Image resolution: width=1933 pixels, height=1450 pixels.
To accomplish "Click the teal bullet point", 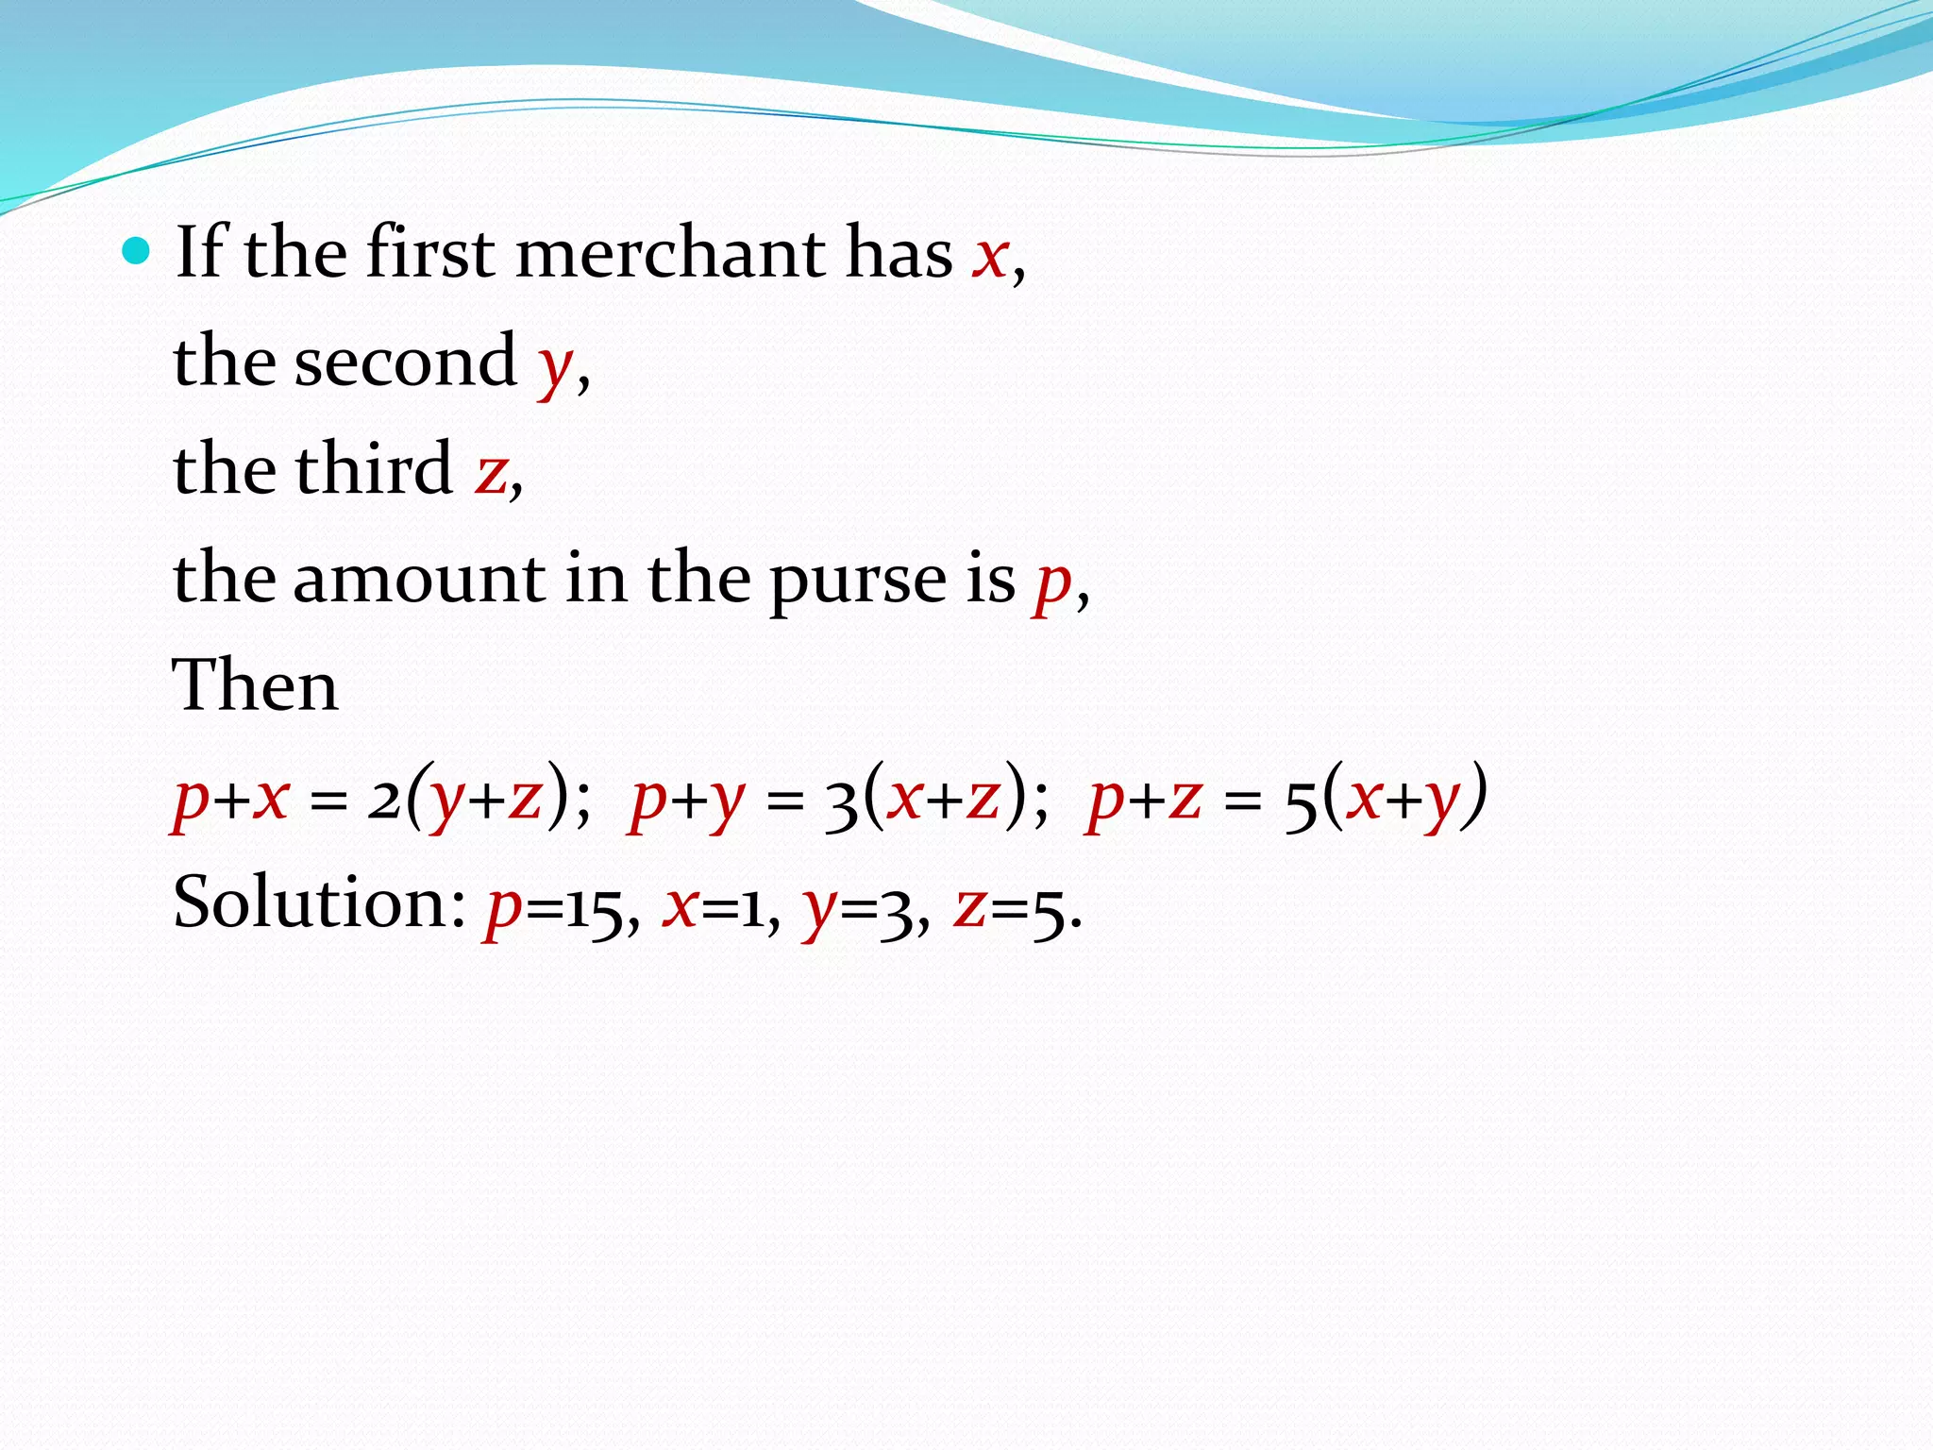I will point(137,252).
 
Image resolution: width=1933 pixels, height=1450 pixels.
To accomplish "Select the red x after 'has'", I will point(991,257).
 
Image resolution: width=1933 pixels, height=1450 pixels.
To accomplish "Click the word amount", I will point(419,578).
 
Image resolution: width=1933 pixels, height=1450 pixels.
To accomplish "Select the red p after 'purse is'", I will point(1052,585).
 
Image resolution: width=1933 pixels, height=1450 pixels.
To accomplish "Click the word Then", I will point(255,686).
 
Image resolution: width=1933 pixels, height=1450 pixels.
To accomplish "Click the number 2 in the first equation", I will point(383,801).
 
